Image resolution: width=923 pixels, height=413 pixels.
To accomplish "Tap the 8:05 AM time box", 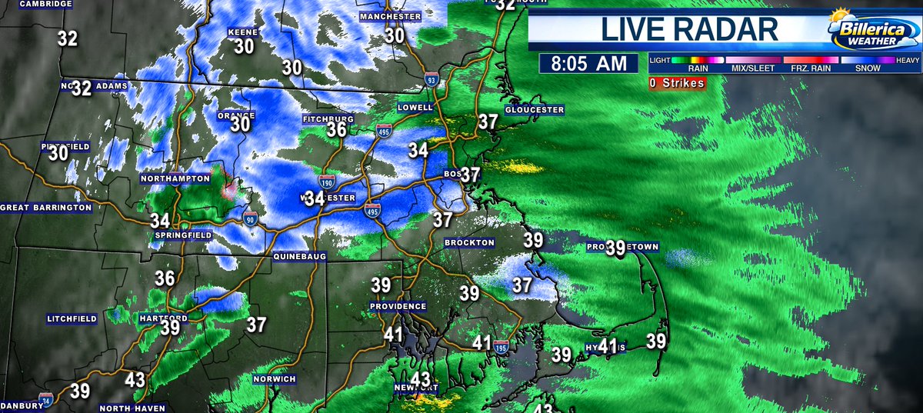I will point(588,64).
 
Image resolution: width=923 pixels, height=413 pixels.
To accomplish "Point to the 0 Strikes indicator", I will point(677,83).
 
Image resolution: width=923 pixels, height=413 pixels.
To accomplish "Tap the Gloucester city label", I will point(535,110).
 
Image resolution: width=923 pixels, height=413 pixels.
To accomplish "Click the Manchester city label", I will point(390,16).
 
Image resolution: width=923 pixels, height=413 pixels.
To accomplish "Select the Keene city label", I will point(242,32).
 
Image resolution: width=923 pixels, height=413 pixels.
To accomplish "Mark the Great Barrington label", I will point(45,208).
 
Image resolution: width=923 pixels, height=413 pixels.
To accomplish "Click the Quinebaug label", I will point(300,255).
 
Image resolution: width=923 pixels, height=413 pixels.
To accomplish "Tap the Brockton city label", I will point(469,242).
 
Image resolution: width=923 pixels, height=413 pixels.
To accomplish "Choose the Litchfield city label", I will point(72,318).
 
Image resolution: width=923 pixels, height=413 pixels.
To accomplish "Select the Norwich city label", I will point(275,379).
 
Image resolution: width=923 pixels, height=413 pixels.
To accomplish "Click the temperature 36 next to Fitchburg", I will point(336,131).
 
